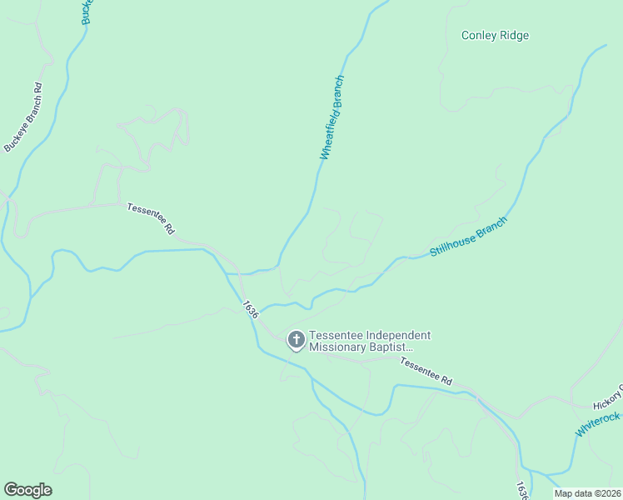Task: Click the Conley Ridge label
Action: pyautogui.click(x=495, y=36)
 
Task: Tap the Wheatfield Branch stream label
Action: pyautogui.click(x=332, y=117)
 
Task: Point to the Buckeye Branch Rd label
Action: pyautogui.click(x=22, y=117)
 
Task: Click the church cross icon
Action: pyautogui.click(x=296, y=340)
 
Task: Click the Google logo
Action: pyautogui.click(x=27, y=490)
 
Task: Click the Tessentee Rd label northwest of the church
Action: pyautogui.click(x=151, y=217)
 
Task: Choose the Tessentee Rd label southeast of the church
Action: pyautogui.click(x=425, y=371)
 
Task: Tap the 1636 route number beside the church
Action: pyautogui.click(x=251, y=309)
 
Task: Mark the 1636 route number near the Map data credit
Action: pyautogui.click(x=521, y=490)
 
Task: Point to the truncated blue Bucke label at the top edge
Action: pyautogui.click(x=87, y=12)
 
